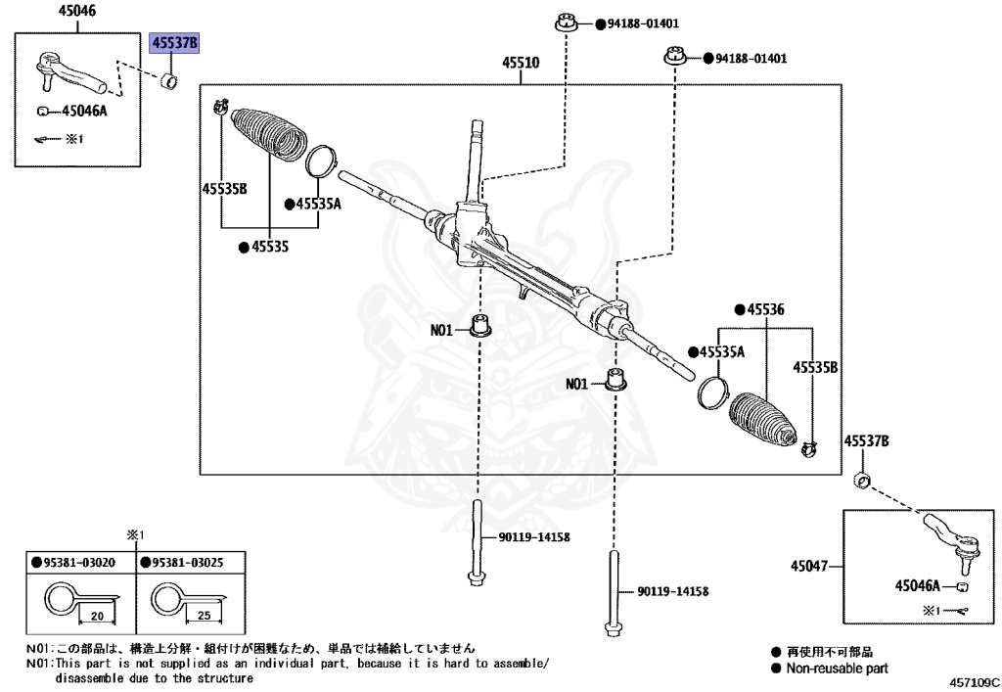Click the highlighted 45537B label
pos(173,44)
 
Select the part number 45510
pos(521,64)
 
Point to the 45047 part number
pos(810,566)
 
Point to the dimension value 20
pos(97,617)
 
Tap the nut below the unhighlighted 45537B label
pos(863,480)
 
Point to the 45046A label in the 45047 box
pos(917,585)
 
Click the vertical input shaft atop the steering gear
pos(477,157)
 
